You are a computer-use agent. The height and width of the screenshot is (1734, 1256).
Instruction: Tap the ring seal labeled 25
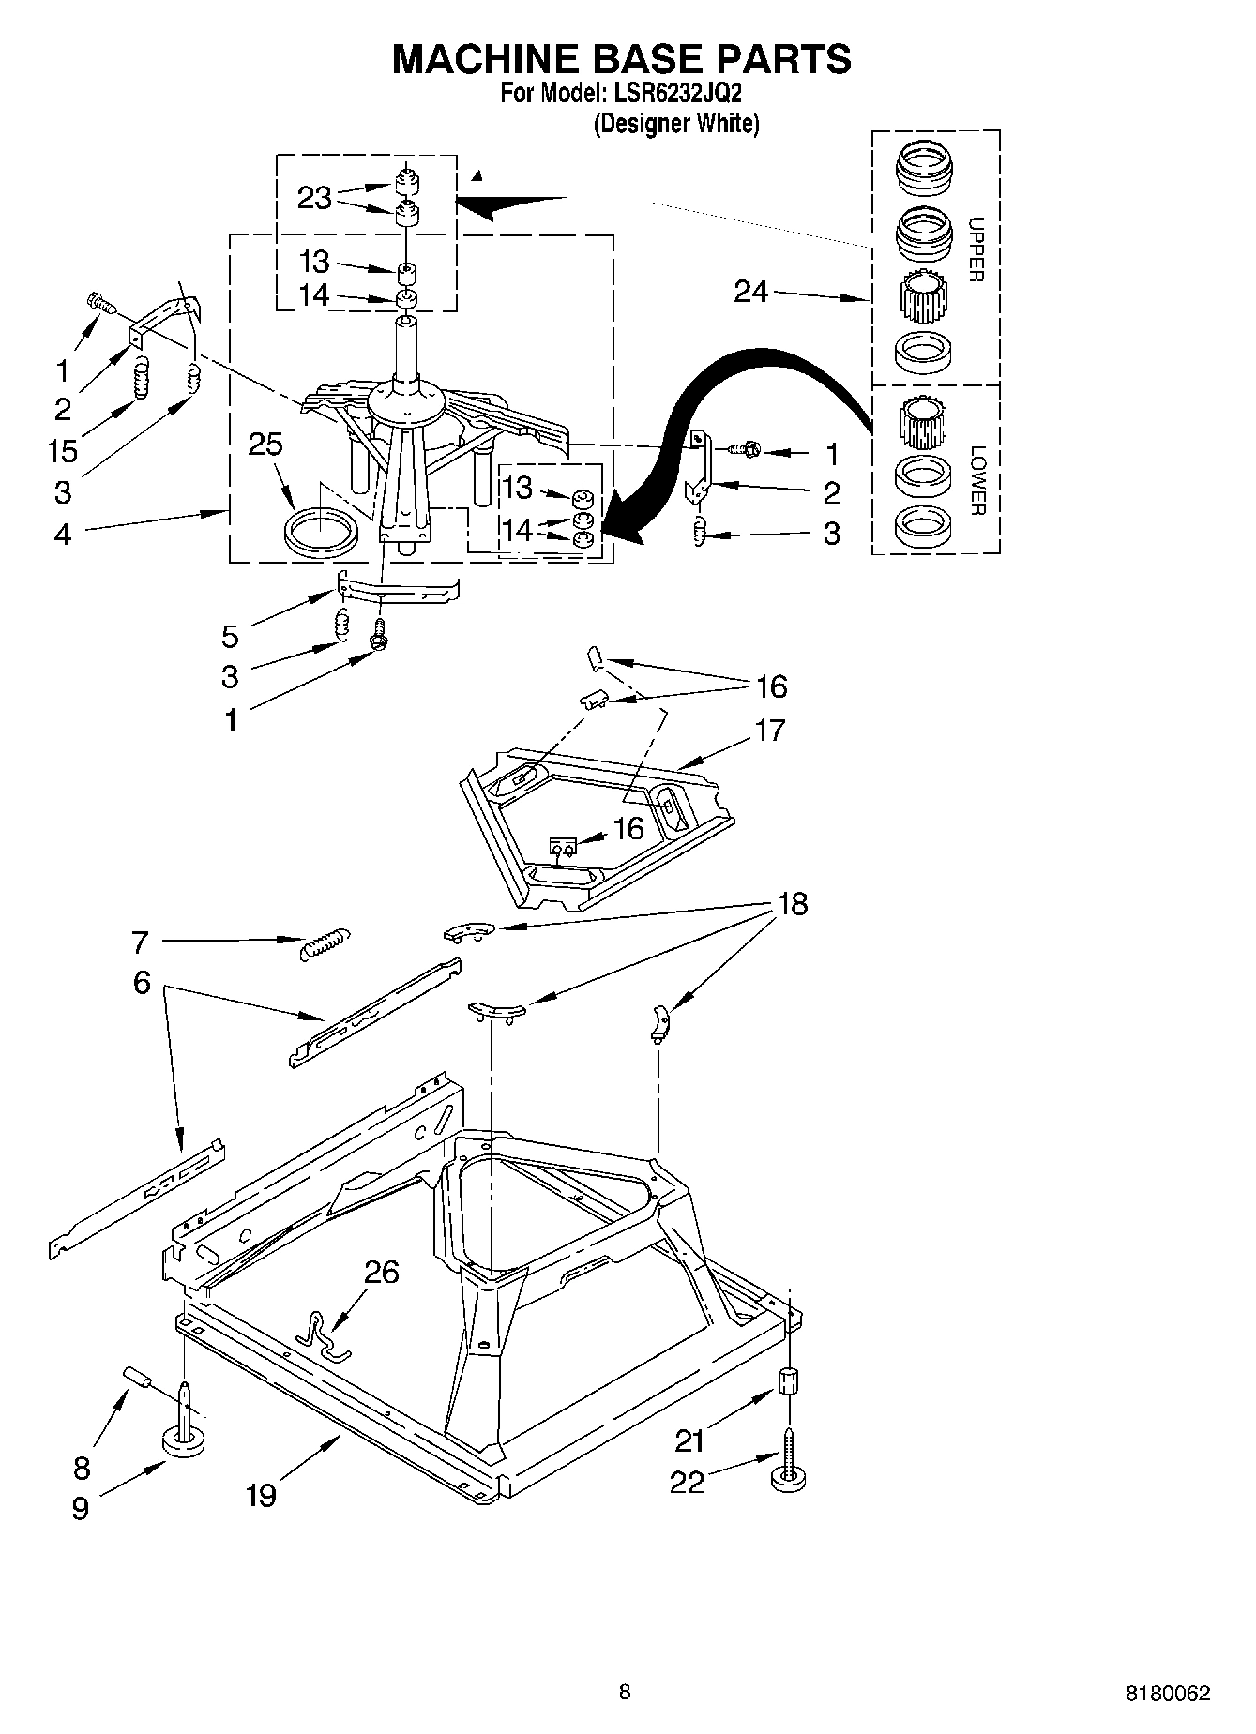pos(321,533)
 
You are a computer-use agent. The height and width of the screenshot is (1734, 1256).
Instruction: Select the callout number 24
pos(751,292)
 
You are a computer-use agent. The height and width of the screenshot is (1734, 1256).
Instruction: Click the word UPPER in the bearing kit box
pos(976,249)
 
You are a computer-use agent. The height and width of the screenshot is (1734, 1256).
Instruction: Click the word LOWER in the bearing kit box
pos(976,480)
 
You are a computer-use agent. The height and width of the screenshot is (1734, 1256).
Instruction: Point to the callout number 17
pos(769,730)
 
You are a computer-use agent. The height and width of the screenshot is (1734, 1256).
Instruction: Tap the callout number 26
pos(382,1273)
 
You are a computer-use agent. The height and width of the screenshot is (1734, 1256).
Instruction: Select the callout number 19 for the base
pos(261,1494)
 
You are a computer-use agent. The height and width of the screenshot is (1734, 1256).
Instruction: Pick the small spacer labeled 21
pos(790,1382)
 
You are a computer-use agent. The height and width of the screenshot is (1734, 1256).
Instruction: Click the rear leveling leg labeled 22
pos(789,1468)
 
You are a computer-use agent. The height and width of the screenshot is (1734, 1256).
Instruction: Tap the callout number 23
pos(314,198)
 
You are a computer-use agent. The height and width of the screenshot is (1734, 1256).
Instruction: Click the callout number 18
pos(793,904)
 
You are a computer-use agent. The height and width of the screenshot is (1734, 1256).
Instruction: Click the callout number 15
pos(63,451)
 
